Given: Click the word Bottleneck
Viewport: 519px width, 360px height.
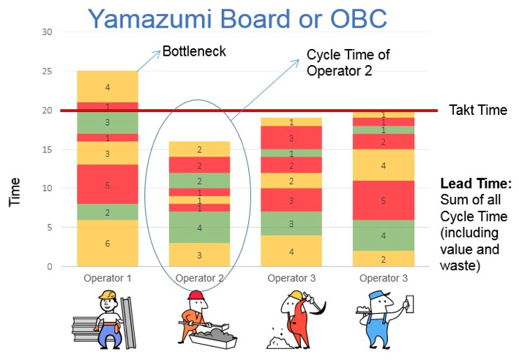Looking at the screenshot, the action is (194, 51).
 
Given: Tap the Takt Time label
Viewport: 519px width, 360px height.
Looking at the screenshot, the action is (478, 110).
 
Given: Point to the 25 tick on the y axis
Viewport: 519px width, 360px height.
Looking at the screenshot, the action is (47, 71).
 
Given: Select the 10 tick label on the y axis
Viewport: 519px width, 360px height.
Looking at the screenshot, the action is (47, 188).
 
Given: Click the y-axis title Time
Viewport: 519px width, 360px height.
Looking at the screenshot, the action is (15, 192).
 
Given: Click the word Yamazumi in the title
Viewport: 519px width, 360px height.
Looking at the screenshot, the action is (150, 18).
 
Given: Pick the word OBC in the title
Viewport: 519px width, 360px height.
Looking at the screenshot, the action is (359, 18).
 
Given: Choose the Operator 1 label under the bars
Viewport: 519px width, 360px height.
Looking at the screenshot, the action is (108, 278).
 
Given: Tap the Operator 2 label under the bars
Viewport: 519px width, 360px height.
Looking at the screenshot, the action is (200, 278).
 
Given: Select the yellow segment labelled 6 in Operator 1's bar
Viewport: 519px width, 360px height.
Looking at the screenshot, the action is (108, 243).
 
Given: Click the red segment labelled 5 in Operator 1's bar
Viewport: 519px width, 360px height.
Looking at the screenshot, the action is (108, 184).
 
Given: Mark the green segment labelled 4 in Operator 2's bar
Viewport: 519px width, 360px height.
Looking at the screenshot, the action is (200, 228).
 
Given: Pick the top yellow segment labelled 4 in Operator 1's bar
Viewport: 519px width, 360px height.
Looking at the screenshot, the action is (108, 86).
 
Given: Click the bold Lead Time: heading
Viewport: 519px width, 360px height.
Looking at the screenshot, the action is (476, 184).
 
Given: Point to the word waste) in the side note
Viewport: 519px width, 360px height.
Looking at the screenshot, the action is (460, 266).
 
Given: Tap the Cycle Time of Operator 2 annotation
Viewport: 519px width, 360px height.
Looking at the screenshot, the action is (348, 62).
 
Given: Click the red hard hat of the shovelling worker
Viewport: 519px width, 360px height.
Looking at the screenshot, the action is (196, 295).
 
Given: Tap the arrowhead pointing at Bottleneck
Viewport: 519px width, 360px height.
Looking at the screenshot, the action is (157, 54).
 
